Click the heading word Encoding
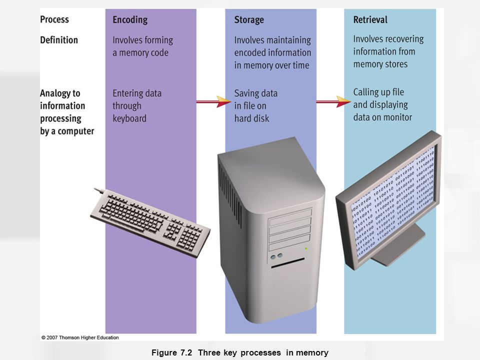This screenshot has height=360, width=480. (x=130, y=20)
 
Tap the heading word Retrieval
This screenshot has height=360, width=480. (x=370, y=20)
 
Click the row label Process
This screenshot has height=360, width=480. (x=54, y=20)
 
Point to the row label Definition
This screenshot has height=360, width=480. (x=59, y=39)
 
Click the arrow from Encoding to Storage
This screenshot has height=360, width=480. (x=212, y=102)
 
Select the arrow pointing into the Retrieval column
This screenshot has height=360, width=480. (x=333, y=102)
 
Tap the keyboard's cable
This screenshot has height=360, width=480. (x=99, y=190)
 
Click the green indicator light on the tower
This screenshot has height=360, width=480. (x=306, y=248)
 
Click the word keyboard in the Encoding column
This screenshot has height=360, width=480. (x=129, y=118)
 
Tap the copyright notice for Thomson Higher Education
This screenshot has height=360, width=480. (x=80, y=337)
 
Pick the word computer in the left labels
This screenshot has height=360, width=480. (x=75, y=131)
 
